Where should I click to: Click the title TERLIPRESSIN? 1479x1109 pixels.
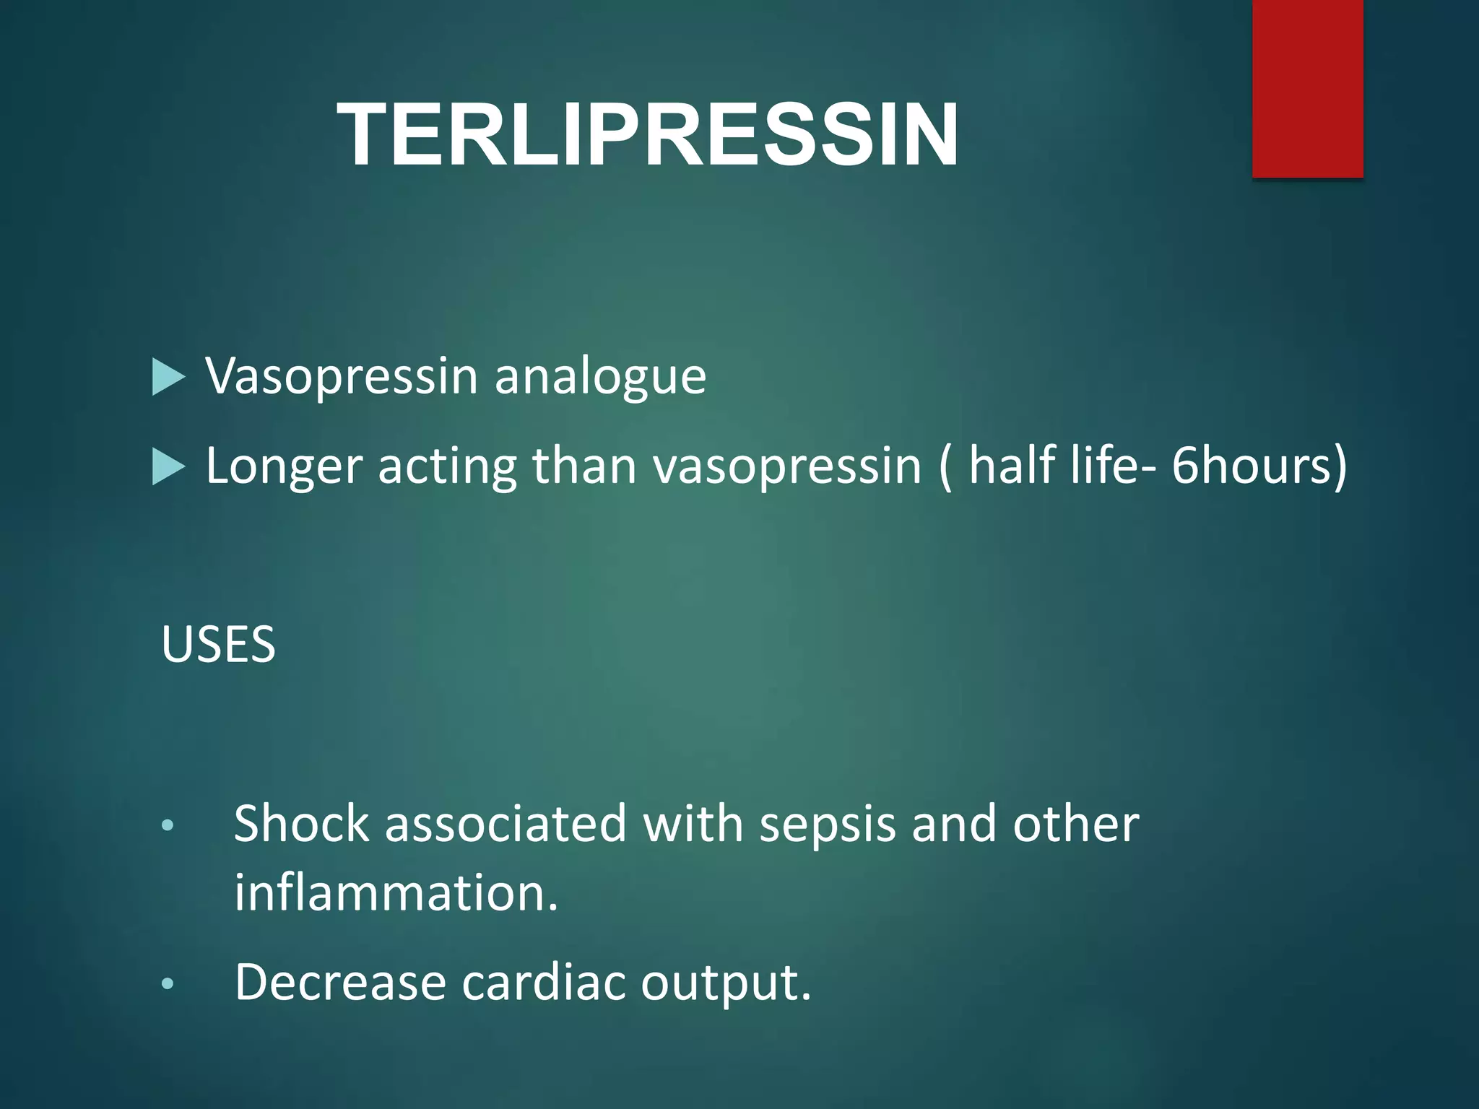pyautogui.click(x=648, y=135)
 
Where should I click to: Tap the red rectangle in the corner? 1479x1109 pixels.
pyautogui.click(x=1307, y=88)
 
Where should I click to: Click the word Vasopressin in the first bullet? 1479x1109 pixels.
pyautogui.click(x=342, y=376)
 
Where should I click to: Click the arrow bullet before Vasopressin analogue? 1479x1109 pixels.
pyautogui.click(x=169, y=378)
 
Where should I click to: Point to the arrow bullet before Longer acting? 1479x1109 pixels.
pyautogui.click(x=169, y=467)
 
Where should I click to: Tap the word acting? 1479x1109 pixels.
pyautogui.click(x=446, y=467)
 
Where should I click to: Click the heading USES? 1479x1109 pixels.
pyautogui.click(x=218, y=644)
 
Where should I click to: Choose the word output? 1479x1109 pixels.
pyautogui.click(x=726, y=984)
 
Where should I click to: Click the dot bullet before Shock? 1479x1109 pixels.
pyautogui.click(x=168, y=825)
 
